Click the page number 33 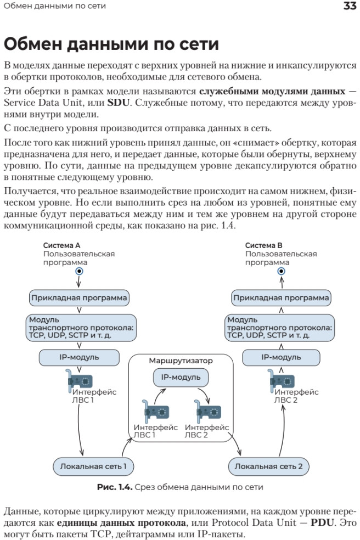click(x=350, y=6)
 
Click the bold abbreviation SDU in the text click(x=119, y=103)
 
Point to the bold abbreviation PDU click(x=322, y=522)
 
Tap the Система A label click(x=61, y=245)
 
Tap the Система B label click(x=263, y=245)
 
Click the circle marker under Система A click(x=79, y=272)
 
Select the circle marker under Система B click(x=282, y=272)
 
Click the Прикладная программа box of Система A click(x=79, y=298)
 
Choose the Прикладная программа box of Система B click(x=281, y=298)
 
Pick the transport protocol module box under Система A click(x=81, y=328)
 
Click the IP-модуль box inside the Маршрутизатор click(x=181, y=378)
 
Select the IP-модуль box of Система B click(x=281, y=357)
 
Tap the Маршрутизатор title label click(x=181, y=361)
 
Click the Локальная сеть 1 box click(x=93, y=466)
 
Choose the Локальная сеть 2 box click(x=269, y=466)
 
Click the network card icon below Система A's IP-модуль click(x=79, y=380)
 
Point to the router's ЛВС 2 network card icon click(x=207, y=411)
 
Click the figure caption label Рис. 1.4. click(x=115, y=487)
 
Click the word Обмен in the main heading click(x=33, y=44)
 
